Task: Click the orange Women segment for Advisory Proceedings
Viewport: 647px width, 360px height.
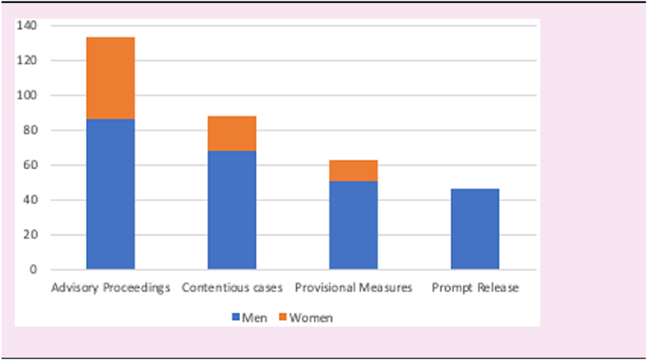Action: (110, 78)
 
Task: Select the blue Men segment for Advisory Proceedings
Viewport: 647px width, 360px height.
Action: (110, 194)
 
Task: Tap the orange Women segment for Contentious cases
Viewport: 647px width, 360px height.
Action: (232, 133)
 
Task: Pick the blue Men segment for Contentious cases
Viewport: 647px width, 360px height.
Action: (232, 210)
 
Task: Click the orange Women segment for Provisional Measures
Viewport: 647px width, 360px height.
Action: (353, 171)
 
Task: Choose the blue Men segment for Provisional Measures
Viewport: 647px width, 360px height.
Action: (353, 225)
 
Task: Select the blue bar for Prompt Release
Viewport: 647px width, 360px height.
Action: (475, 229)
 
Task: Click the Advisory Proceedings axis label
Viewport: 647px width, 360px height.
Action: (110, 288)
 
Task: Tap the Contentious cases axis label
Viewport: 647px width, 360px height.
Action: (232, 288)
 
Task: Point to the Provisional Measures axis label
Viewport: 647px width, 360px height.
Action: (353, 288)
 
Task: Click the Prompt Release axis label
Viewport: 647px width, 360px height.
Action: (475, 288)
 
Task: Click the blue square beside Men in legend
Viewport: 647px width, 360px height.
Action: (235, 317)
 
